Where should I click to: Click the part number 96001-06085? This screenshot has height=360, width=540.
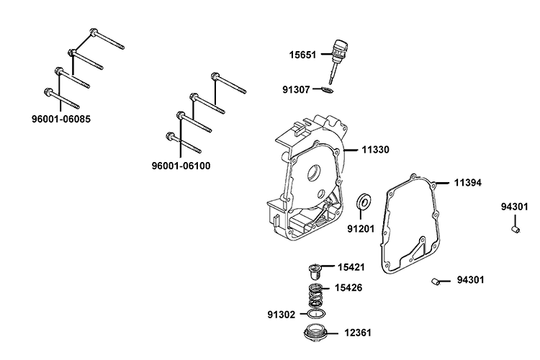click(x=60, y=117)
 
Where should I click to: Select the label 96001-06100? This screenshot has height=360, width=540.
click(x=181, y=166)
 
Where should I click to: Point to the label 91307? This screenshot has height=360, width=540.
click(x=297, y=90)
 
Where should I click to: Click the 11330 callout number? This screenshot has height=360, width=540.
click(x=375, y=150)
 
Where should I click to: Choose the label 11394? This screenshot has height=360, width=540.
click(x=467, y=183)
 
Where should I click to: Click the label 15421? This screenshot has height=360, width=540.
click(x=351, y=267)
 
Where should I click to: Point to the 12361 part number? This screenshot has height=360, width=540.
click(x=357, y=334)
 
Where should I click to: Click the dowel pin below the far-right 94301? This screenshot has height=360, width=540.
click(x=513, y=229)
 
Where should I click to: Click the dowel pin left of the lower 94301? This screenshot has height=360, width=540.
click(x=436, y=280)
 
